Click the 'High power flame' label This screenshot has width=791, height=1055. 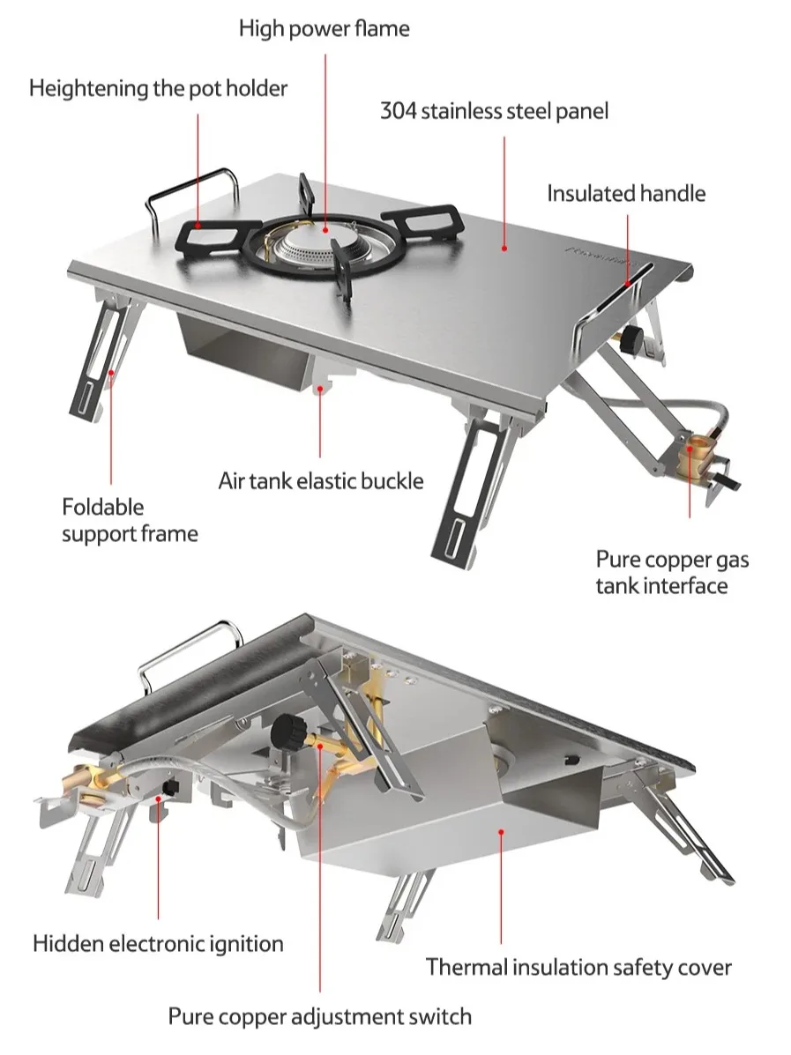324,28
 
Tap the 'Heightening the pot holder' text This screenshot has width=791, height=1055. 158,88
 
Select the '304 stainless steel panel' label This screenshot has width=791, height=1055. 494,111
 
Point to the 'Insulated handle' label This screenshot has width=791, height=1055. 626,194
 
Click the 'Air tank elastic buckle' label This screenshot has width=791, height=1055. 320,481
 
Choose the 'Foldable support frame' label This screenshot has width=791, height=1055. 130,520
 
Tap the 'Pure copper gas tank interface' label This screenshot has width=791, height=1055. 672,572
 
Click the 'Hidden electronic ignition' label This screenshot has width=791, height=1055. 158,943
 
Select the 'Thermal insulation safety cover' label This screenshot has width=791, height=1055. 578,968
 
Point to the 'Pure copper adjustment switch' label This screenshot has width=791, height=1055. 320,1016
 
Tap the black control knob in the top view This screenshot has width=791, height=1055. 631,339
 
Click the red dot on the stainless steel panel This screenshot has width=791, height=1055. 504,249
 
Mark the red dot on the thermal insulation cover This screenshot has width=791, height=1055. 501,832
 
